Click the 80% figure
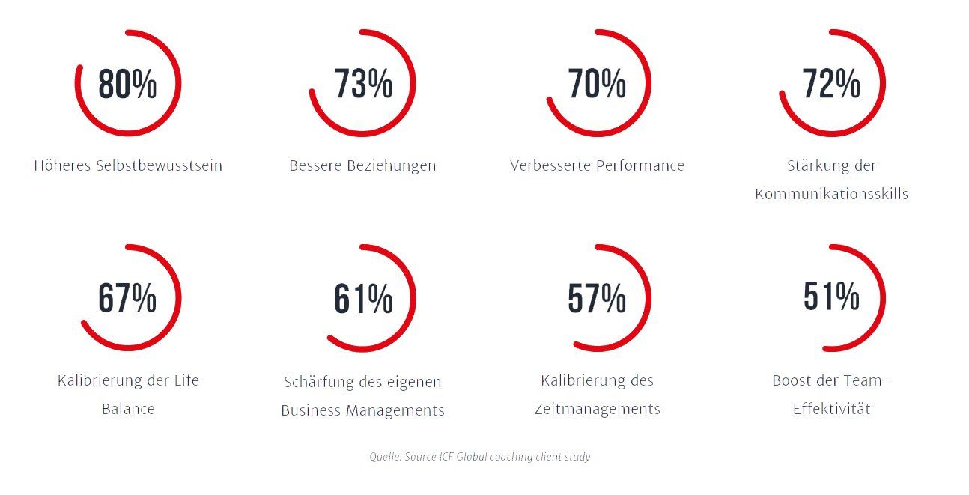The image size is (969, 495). pos(127,84)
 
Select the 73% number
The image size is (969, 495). pos(363,84)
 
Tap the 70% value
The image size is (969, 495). pos(597,84)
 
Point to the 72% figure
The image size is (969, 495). pos(831,84)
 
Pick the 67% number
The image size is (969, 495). pos(127,298)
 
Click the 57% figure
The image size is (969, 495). pos(597,299)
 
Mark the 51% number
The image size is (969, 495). pos(831,297)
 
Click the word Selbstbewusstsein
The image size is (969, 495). pos(159,165)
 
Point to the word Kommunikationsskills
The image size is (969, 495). pos(831,194)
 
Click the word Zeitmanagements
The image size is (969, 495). pos(597,409)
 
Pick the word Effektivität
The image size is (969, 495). pos(831,410)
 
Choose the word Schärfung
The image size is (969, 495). pos(319,382)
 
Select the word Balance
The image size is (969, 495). pos(128,410)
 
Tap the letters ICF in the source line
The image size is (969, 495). pos(446,456)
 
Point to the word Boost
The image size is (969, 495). pos(794,380)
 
